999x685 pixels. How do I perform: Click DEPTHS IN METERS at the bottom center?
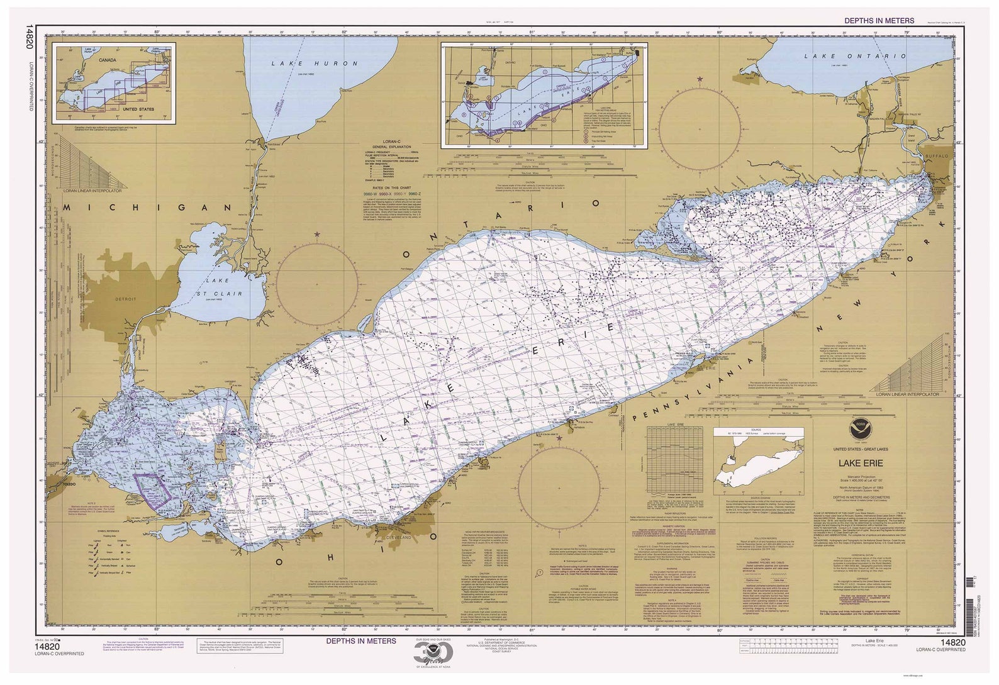click(x=360, y=640)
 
